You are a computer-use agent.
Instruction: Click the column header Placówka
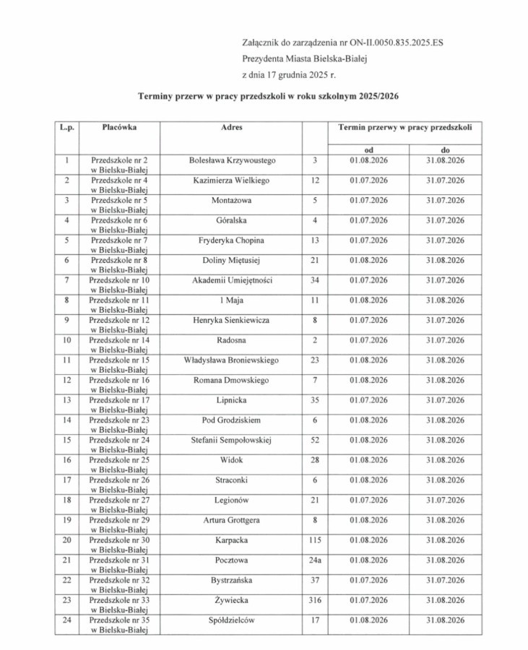[119, 127]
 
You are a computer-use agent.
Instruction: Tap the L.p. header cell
[66, 127]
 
